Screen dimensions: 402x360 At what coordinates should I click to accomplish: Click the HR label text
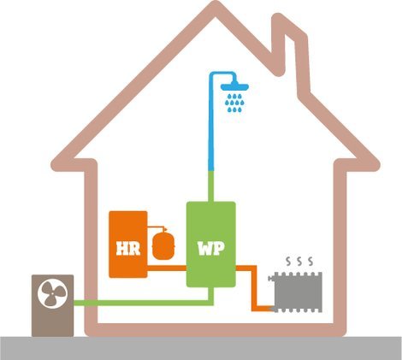point(128,249)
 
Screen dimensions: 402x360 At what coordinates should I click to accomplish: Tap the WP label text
point(211,249)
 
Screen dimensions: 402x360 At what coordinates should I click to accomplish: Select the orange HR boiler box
point(128,245)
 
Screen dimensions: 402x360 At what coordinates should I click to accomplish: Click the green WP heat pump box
point(211,245)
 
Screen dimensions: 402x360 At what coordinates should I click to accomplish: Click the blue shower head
point(234,86)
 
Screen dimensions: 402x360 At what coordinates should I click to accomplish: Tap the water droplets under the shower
point(234,103)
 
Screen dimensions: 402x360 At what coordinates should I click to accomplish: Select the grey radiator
point(296,292)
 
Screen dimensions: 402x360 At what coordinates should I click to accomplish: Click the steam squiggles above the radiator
point(299,261)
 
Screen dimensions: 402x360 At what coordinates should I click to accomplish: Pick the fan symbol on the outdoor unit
point(53,293)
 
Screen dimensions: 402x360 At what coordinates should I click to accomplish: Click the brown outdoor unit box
point(52,305)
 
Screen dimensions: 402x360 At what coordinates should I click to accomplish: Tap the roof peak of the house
point(216,7)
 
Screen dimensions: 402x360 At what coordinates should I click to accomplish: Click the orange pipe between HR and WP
point(167,268)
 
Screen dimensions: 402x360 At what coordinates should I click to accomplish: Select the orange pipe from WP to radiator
point(255,288)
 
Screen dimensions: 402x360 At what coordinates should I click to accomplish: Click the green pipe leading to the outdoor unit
point(143,303)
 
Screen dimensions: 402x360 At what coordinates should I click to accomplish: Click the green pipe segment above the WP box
point(211,186)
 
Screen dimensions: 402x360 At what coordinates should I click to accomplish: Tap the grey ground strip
point(201,348)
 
